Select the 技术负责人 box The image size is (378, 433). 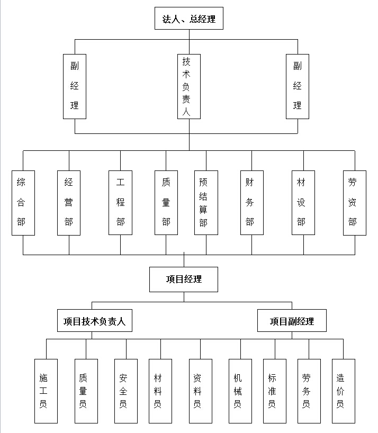pyautogui.click(x=189, y=86)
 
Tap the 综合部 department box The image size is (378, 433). pyautogui.click(x=23, y=202)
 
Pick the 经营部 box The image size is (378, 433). pyautogui.click(x=69, y=202)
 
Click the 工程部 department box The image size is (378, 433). pyautogui.click(x=120, y=202)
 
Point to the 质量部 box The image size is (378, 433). pyautogui.click(x=166, y=202)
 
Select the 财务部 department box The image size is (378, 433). pyautogui.click(x=251, y=202)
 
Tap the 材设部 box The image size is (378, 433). pyautogui.click(x=303, y=202)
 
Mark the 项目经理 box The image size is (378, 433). pyautogui.click(x=184, y=279)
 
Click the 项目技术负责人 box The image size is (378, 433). pyautogui.click(x=94, y=321)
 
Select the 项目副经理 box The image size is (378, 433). pyautogui.click(x=292, y=321)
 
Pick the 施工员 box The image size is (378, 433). pyautogui.click(x=46, y=391)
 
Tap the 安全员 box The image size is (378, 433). pyautogui.click(x=126, y=391)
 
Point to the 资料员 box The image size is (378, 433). pyautogui.click(x=201, y=391)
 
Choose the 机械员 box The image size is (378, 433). pyautogui.click(x=240, y=391)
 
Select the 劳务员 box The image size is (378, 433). pyautogui.click(x=309, y=391)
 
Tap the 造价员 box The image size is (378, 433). pyautogui.click(x=344, y=391)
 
